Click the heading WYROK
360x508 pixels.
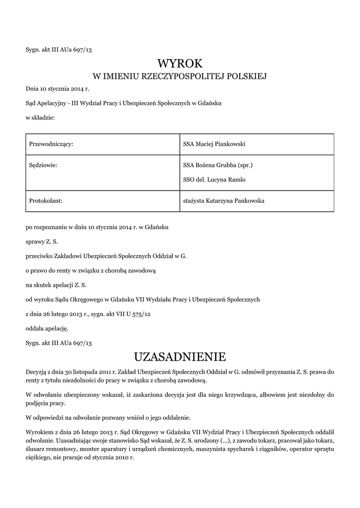pyautogui.click(x=180, y=63)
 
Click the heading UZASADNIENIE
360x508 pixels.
pyautogui.click(x=180, y=357)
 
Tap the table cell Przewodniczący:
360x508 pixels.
pyautogui.click(x=51, y=144)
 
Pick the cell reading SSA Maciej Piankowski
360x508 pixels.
pyautogui.click(x=215, y=144)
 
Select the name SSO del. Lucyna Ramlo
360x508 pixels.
pyautogui.click(x=214, y=180)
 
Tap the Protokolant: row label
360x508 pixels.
pyautogui.click(x=45, y=201)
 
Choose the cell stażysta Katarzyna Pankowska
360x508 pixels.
pyautogui.click(x=223, y=201)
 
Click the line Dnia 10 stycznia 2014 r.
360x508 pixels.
pyautogui.click(x=57, y=89)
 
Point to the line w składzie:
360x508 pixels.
pyautogui.click(x=40, y=118)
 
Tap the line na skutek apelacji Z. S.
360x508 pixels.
pyautogui.click(x=56, y=285)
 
